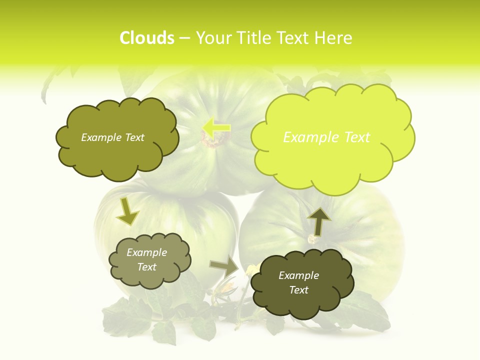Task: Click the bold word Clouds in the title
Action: tap(146, 38)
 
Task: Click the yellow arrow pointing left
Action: tap(216, 127)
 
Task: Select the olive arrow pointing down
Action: tap(127, 212)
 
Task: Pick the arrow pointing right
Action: tap(224, 266)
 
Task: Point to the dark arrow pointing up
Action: tap(318, 221)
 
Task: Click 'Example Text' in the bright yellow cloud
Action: tap(326, 137)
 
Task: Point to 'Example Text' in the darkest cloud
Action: tap(298, 282)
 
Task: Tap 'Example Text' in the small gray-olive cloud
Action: tap(147, 259)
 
